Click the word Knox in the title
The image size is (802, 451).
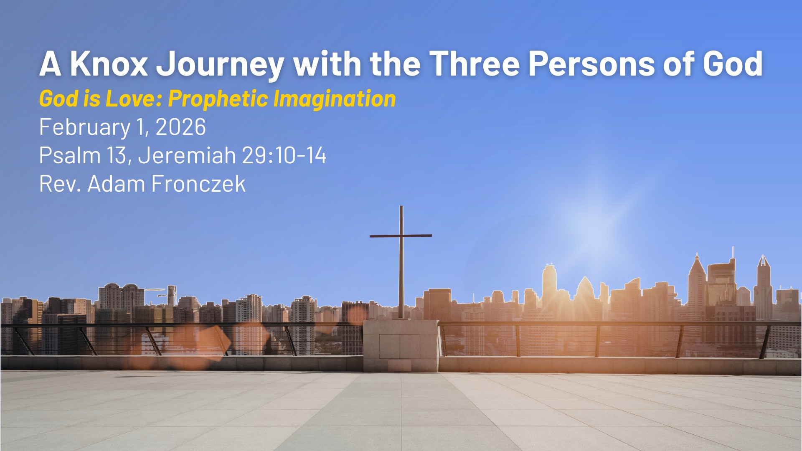109,64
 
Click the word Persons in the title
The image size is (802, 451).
591,64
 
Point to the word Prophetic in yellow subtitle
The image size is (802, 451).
218,99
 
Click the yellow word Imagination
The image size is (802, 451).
335,99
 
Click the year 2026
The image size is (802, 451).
180,127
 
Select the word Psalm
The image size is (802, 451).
70,155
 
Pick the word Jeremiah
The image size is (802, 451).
187,155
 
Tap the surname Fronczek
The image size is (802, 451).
198,184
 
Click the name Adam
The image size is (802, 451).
116,184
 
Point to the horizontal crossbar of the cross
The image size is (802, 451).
401,236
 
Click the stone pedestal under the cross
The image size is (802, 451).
401,346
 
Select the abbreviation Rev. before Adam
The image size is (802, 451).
60,184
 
